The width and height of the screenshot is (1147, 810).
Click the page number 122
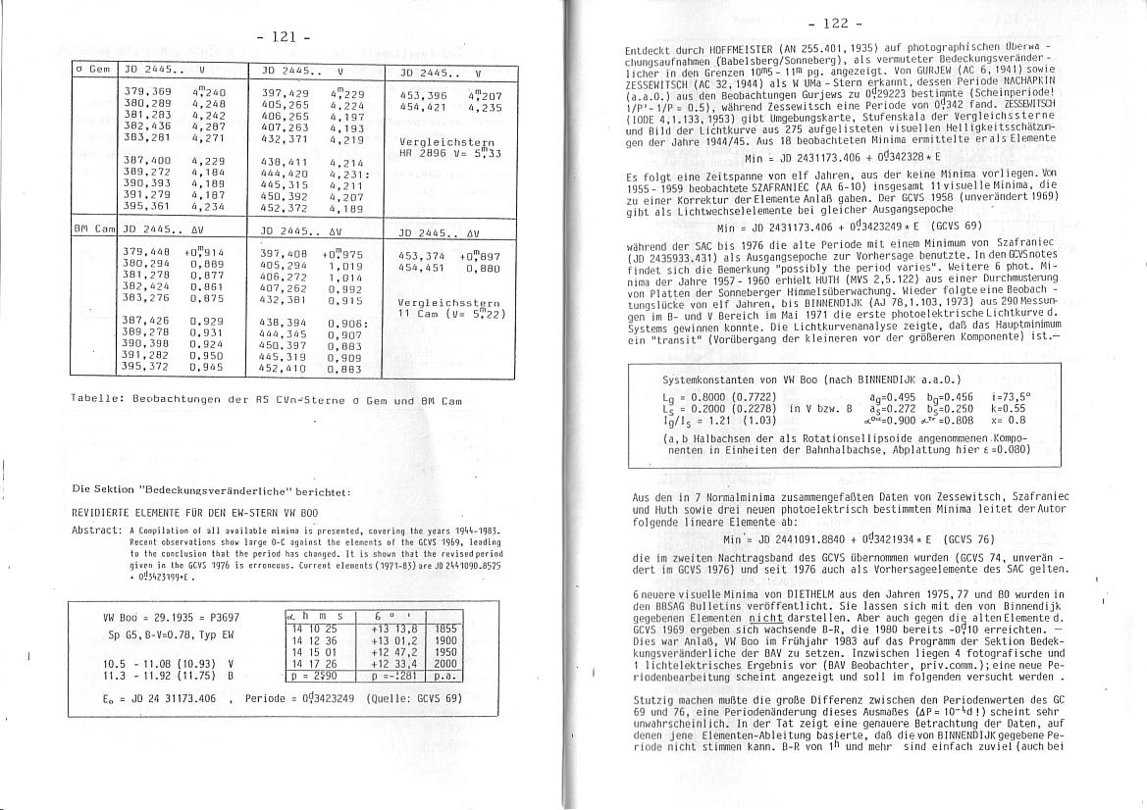[843, 23]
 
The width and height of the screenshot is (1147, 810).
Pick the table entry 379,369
[147, 90]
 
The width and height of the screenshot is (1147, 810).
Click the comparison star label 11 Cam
[423, 314]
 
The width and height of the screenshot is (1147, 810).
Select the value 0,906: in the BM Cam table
[348, 323]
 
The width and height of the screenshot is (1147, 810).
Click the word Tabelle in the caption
[99, 401]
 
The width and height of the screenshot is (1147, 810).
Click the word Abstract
[96, 531]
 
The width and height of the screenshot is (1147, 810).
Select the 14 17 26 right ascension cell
[315, 663]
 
